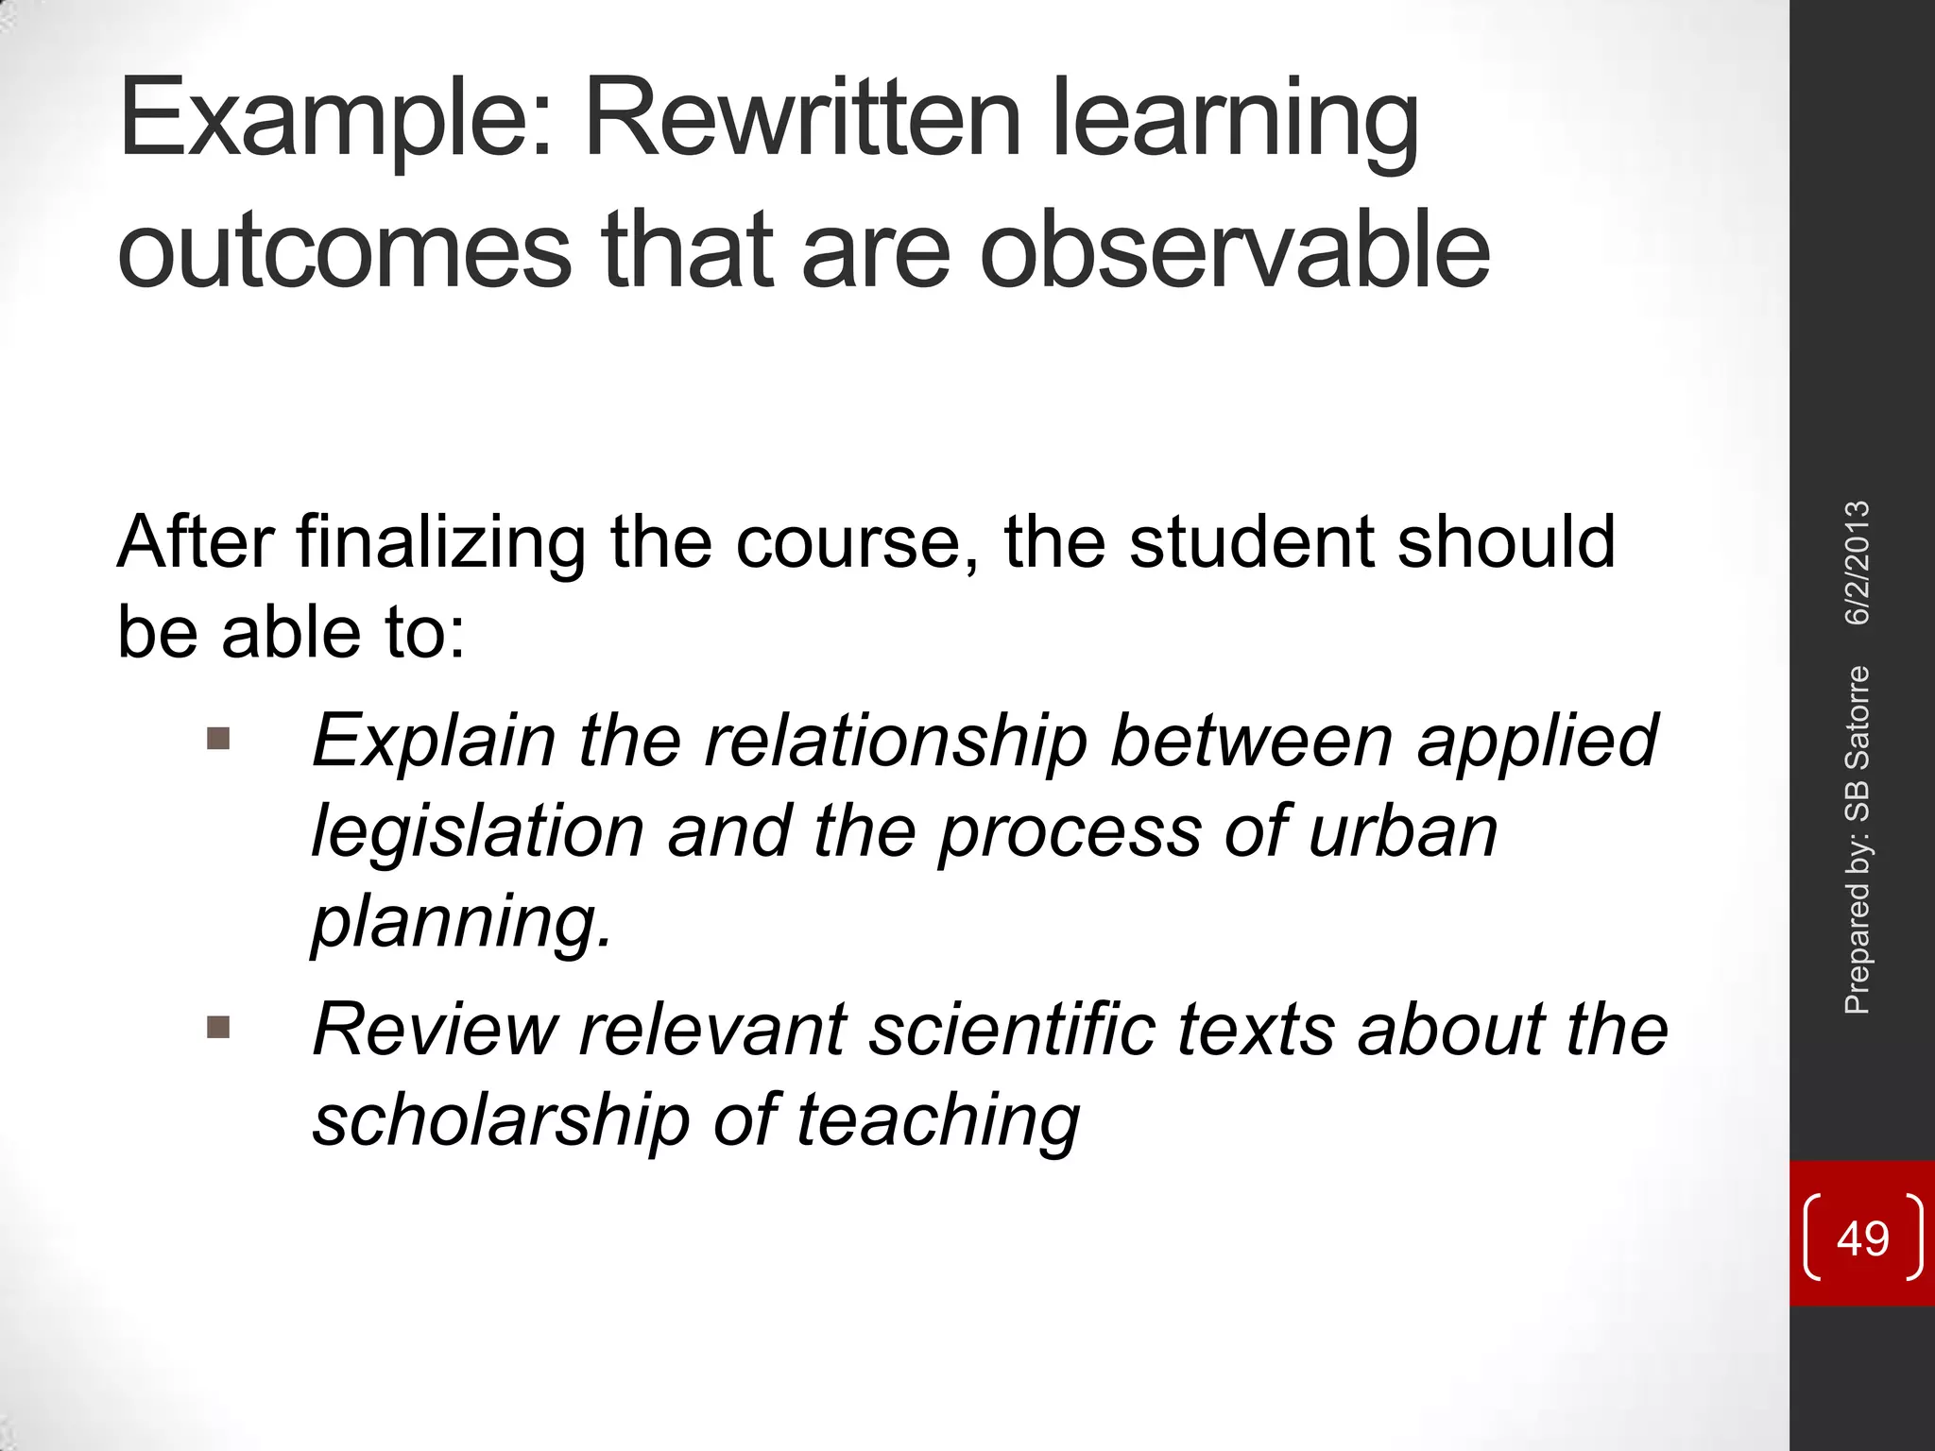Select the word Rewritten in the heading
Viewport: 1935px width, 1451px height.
(803, 119)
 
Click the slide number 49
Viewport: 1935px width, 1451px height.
(1862, 1238)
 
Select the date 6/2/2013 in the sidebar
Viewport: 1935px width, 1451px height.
(1857, 563)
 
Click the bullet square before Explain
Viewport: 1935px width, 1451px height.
(218, 737)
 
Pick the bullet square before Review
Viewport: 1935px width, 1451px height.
(218, 1027)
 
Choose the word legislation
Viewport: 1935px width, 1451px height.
(478, 831)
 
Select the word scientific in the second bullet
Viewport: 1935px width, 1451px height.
(1012, 1030)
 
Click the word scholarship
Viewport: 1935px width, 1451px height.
(501, 1120)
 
